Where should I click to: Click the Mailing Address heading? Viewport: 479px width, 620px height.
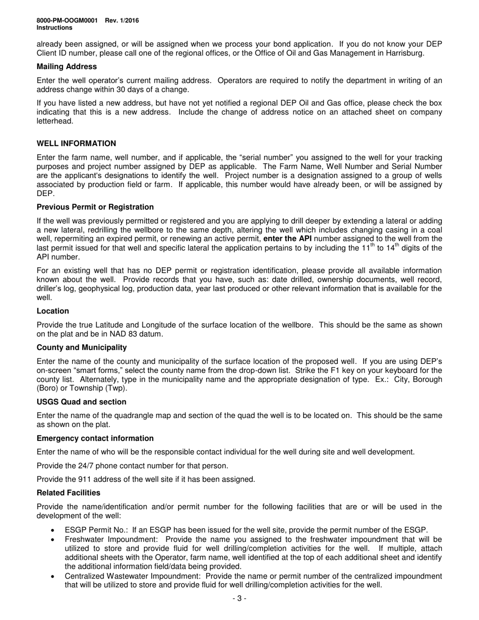click(67, 67)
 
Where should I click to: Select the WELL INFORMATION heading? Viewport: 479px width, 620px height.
click(76, 144)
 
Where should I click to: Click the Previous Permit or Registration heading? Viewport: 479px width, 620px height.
click(95, 207)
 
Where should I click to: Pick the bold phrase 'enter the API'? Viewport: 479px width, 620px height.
click(287, 238)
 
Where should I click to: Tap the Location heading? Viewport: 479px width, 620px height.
click(53, 311)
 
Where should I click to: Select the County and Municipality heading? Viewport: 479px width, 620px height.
click(82, 348)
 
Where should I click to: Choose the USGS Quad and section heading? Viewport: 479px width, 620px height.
click(82, 402)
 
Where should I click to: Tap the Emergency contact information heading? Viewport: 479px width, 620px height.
click(95, 439)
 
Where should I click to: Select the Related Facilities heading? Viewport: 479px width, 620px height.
click(69, 493)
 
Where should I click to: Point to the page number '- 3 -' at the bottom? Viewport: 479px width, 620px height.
click(239, 599)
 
